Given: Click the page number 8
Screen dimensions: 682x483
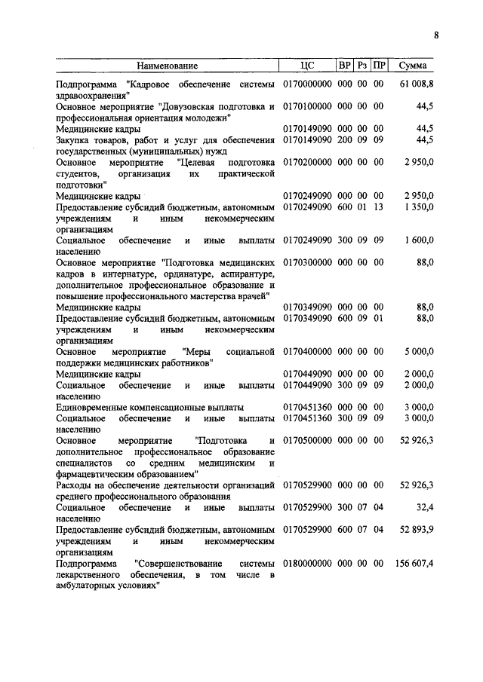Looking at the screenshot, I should coord(437,34).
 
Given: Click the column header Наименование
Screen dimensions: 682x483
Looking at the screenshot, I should coord(167,66).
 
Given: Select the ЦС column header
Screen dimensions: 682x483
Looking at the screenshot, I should coord(306,66).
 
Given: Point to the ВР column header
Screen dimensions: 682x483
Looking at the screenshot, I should coord(345,66).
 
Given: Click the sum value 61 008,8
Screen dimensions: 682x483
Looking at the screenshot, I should coord(415,84).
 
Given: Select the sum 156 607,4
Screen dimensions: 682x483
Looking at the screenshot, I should coord(414,563).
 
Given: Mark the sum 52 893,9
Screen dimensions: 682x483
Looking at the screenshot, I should coord(416,530).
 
